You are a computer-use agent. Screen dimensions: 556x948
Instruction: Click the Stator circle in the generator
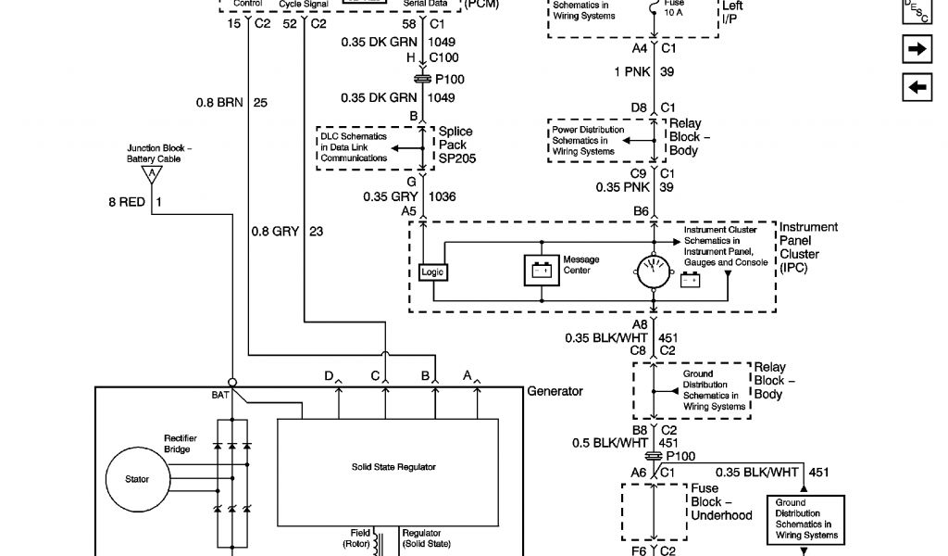(136, 479)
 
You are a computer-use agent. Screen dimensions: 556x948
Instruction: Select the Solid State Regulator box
(388, 467)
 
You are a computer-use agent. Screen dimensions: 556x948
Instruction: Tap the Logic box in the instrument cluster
(431, 272)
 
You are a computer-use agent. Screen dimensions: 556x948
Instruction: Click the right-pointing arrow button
(916, 50)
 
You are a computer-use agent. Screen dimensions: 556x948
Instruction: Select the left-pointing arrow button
(916, 87)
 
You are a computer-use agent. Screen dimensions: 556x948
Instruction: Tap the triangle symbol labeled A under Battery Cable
(144, 173)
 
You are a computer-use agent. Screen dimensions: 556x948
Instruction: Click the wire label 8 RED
(127, 201)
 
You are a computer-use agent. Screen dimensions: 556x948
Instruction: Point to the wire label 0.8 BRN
(218, 103)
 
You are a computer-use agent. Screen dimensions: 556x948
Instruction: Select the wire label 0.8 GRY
(274, 232)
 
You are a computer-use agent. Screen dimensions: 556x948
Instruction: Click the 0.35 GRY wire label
(387, 196)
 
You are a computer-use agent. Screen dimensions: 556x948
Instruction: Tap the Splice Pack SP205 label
(454, 145)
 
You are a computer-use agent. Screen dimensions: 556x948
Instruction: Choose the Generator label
(555, 391)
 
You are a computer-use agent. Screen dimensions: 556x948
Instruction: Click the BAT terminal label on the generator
(220, 395)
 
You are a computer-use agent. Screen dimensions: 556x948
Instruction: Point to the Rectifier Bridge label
(178, 444)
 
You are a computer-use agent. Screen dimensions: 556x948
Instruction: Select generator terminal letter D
(329, 375)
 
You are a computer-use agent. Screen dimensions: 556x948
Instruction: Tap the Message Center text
(581, 265)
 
